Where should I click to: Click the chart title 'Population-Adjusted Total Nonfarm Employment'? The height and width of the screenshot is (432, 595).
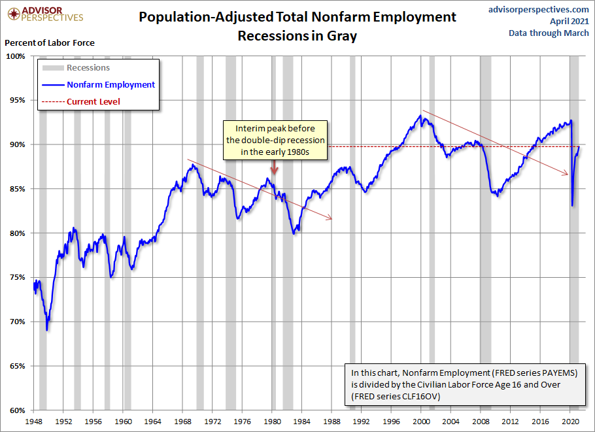click(x=297, y=16)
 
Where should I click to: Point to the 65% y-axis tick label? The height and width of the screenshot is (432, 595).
click(x=16, y=367)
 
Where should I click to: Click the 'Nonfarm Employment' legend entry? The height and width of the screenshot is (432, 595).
click(x=110, y=84)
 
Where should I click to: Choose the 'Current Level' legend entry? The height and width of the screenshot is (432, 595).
click(x=93, y=101)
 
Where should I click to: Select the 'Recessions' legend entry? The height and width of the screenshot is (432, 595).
click(x=88, y=67)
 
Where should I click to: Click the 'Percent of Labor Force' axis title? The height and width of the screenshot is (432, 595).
click(x=50, y=42)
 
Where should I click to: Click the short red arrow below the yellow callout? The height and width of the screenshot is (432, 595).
click(x=275, y=168)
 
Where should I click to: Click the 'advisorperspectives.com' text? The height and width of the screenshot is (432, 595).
click(x=539, y=9)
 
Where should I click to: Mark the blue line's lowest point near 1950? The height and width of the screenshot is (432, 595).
click(x=47, y=329)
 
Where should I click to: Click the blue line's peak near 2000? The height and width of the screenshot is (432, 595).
click(x=421, y=116)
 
